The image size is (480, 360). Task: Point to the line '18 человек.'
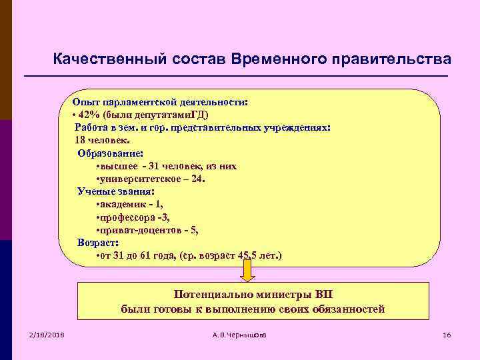click(103, 140)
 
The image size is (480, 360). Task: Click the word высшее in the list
click(119, 166)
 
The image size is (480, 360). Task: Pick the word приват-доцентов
click(137, 230)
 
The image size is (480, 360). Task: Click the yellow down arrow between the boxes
click(247, 271)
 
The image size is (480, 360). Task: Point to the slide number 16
click(447, 334)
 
